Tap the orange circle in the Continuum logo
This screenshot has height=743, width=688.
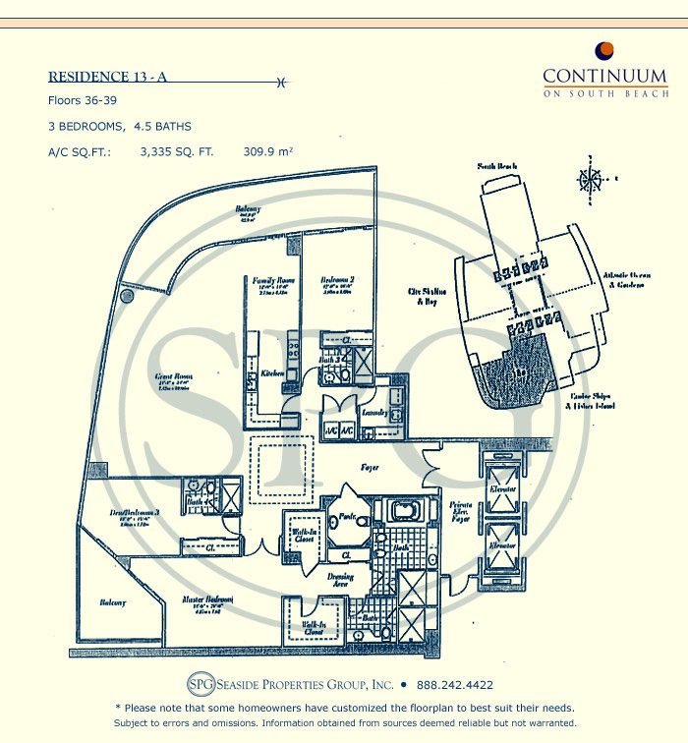pos(605,51)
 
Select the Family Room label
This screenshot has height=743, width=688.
pos(272,280)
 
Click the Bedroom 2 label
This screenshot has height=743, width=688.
pos(337,280)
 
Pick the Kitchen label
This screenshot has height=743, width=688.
pos(272,373)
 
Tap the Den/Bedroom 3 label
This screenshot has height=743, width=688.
pos(135,513)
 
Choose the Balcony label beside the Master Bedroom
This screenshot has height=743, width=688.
pos(110,602)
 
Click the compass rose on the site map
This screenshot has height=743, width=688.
pos(591,180)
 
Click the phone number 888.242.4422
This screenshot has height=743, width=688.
pos(453,685)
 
